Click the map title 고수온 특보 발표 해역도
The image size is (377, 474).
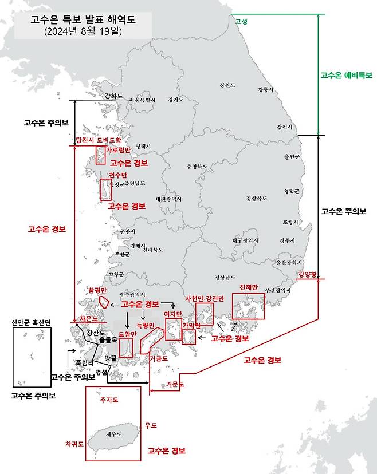coord(83,20)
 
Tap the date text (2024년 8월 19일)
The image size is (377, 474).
coord(83,32)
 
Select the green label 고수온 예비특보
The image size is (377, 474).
coord(346,75)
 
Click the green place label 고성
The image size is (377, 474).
coord(241,21)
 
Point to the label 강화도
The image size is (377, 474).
coord(113,96)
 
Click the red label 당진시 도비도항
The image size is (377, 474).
coord(98,140)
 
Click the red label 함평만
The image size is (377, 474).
coord(97,290)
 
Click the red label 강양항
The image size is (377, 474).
coord(307,274)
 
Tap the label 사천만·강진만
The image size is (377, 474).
coord(204,299)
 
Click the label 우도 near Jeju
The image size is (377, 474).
coord(151,425)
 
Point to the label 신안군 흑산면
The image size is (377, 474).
coord(32,322)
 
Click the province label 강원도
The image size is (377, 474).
coord(227,85)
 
